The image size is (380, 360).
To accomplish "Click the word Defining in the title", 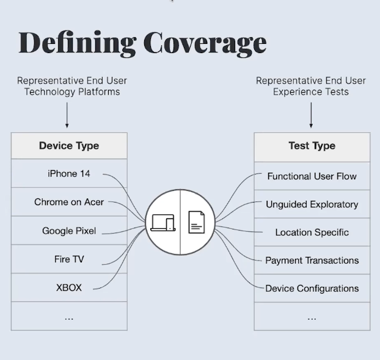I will point(78,43).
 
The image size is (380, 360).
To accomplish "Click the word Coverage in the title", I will point(205,43).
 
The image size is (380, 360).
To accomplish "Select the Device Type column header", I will point(69,146).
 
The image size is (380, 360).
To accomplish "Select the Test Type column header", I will point(312,146).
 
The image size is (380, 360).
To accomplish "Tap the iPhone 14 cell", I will point(69,174).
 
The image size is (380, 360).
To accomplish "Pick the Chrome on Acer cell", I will point(68,202).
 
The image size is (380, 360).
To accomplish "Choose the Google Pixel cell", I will point(69,231).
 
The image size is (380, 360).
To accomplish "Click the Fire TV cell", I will point(69,259).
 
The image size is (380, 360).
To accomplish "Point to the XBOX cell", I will point(69,287).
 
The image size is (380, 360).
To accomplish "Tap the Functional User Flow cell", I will point(312,176).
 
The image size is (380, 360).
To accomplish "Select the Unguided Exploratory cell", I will point(312,204).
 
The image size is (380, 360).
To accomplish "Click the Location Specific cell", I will point(312,232).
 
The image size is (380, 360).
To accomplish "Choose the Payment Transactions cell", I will point(312,261).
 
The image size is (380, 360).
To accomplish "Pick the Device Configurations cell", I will point(312,289).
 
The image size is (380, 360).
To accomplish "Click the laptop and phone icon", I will point(163,222).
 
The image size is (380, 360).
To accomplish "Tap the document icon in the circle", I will point(196,222).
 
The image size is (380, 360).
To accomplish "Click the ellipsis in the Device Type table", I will point(69,317).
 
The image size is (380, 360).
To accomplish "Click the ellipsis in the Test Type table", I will point(312,317).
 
